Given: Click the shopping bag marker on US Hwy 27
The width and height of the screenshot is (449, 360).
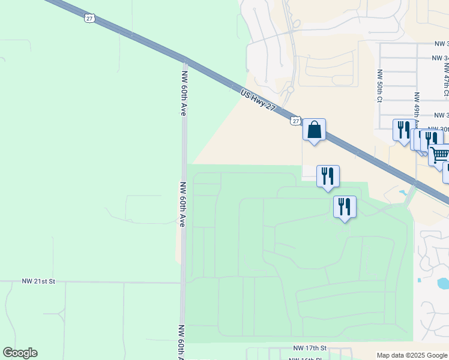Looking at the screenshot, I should (x=314, y=130).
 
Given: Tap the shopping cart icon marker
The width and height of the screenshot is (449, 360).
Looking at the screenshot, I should (x=439, y=155).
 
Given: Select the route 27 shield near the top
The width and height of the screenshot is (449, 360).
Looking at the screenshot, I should (x=89, y=18).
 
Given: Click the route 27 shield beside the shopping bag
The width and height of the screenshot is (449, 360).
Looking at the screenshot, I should (x=295, y=121).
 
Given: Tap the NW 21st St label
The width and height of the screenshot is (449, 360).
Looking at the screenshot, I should (x=38, y=281).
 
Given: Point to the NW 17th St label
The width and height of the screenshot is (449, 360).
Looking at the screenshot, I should (x=310, y=348).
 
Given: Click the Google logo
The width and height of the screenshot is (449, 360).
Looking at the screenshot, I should (x=20, y=353).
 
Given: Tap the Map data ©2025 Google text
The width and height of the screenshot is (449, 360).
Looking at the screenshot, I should (x=412, y=355).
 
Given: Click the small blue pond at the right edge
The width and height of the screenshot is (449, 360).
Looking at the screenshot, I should (x=443, y=282).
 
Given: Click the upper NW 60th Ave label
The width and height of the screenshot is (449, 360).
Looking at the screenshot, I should (x=184, y=92).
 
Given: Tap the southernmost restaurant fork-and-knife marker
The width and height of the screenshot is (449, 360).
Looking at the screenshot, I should (x=345, y=207).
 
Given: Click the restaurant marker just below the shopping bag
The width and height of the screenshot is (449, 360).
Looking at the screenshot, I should (x=328, y=176).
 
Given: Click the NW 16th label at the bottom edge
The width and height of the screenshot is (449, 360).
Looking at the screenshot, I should (x=303, y=359).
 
